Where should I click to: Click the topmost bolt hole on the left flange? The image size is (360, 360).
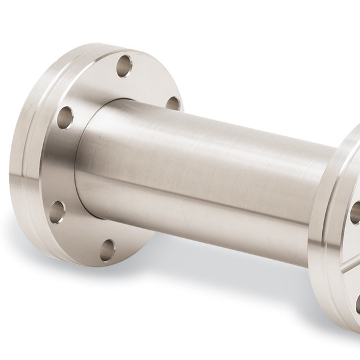pyautogui.click(x=124, y=65)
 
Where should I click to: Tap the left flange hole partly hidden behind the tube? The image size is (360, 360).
pyautogui.click(x=173, y=103)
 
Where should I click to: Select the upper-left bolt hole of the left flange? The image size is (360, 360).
pyautogui.click(x=65, y=117)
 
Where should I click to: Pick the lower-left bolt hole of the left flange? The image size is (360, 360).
pyautogui.click(x=57, y=211)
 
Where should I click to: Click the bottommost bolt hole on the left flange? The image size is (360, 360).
pyautogui.click(x=107, y=250)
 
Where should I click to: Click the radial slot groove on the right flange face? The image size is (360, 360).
pyautogui.click(x=350, y=264)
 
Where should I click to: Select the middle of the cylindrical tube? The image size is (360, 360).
pyautogui.click(x=204, y=180)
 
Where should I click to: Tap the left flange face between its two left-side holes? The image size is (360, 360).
pyautogui.click(x=57, y=165)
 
